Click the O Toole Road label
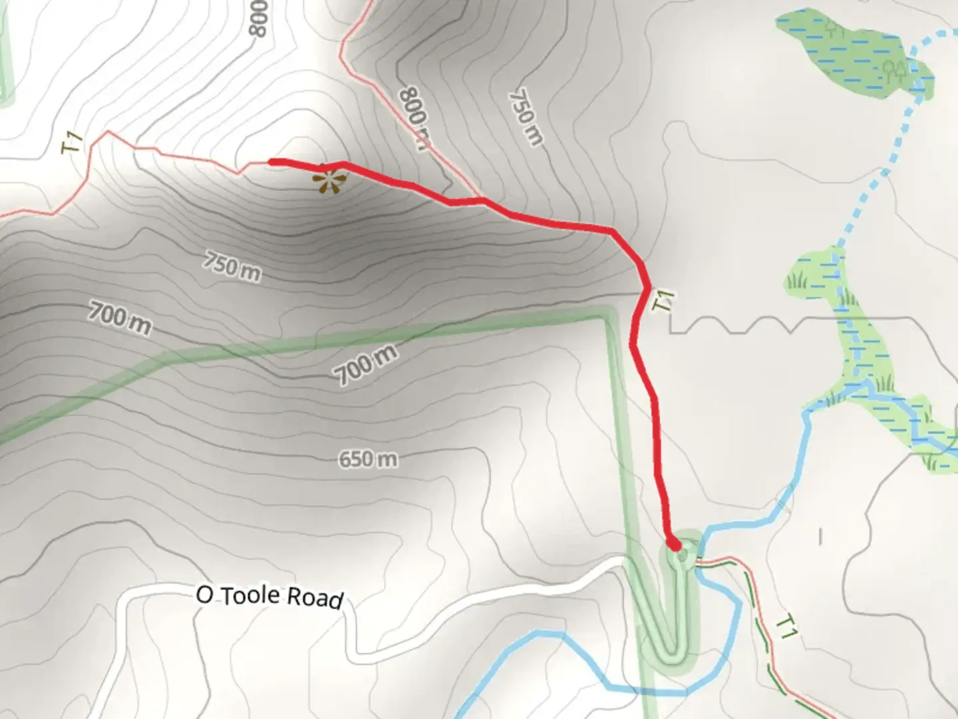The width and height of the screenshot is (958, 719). (x=270, y=596)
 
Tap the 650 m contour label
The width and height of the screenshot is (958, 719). (x=368, y=459)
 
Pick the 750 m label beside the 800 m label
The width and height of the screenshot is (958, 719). (x=526, y=118)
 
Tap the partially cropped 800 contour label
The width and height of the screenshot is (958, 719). (x=258, y=17)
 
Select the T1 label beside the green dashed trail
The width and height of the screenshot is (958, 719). (x=787, y=627)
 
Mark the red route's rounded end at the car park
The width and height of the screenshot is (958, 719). (x=674, y=545)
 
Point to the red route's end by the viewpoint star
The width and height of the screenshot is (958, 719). (x=272, y=162)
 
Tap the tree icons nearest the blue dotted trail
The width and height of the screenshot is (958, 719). (x=895, y=69)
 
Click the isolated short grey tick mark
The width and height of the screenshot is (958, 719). (x=820, y=536)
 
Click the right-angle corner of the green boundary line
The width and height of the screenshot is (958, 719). (x=607, y=316)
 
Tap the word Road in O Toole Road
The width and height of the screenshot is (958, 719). (x=316, y=598)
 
